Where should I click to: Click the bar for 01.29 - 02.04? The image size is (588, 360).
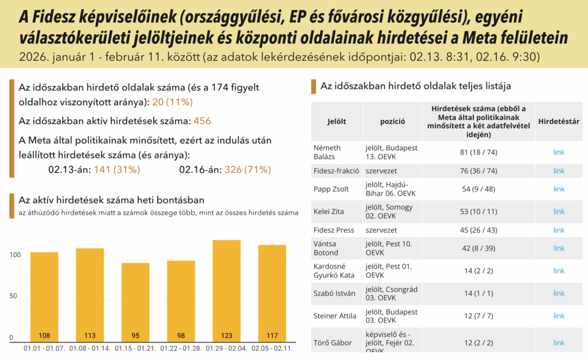(226, 290)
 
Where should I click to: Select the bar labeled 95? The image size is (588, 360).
(136, 301)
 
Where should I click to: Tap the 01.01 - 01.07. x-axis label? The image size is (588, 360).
(44, 348)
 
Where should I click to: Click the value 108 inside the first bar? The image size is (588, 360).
(44, 335)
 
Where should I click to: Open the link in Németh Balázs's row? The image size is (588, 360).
(559, 152)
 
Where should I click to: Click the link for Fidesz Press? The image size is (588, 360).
(559, 230)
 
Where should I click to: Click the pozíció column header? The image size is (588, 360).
(393, 121)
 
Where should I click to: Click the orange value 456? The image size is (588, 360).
(202, 121)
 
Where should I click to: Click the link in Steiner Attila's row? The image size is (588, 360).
(559, 315)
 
